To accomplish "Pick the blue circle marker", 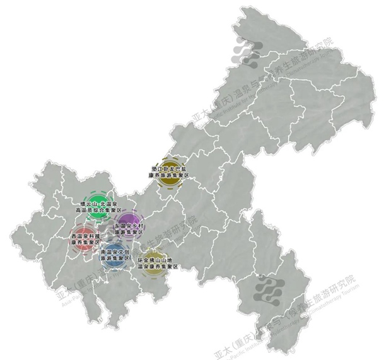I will [114, 254].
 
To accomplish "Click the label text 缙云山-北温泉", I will [96, 204].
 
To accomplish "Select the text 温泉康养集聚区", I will [158, 267].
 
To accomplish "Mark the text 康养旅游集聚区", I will [168, 176].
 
